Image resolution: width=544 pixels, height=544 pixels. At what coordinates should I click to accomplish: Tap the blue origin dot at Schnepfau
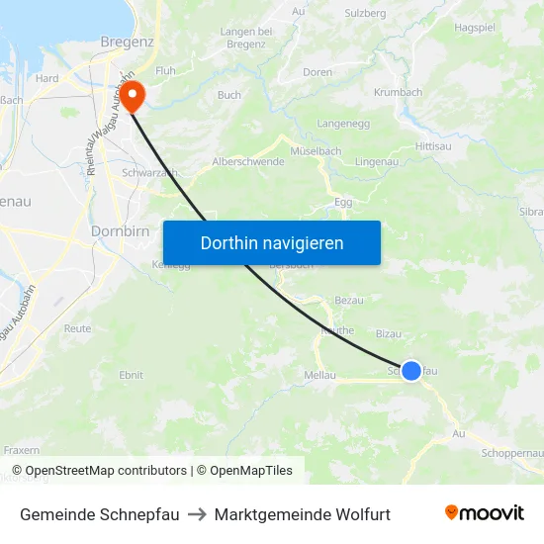[x=411, y=370]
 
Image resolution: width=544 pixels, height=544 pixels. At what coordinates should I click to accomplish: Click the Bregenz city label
[x=127, y=42]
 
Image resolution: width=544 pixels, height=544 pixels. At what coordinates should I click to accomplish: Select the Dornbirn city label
[x=120, y=230]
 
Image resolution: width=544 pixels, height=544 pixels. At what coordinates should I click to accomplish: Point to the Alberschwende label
[x=248, y=161]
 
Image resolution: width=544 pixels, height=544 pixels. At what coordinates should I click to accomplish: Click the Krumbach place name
[x=398, y=92]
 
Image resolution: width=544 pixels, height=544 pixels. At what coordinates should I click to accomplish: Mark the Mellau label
[x=319, y=375]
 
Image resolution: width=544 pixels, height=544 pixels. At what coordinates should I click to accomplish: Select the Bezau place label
[x=349, y=300]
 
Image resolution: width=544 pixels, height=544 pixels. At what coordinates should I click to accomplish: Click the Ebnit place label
[x=131, y=375]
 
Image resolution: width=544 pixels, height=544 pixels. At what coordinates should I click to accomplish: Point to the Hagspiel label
[x=475, y=28]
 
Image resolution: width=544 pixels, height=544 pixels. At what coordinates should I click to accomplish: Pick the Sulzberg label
[x=365, y=13]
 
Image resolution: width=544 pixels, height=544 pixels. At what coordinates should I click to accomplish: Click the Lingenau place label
[x=376, y=160]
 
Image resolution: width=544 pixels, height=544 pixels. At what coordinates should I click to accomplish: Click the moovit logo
[x=484, y=513]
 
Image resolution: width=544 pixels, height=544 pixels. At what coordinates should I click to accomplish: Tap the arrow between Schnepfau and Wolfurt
[x=197, y=514]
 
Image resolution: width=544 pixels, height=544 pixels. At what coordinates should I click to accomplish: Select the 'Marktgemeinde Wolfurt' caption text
[x=302, y=514]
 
